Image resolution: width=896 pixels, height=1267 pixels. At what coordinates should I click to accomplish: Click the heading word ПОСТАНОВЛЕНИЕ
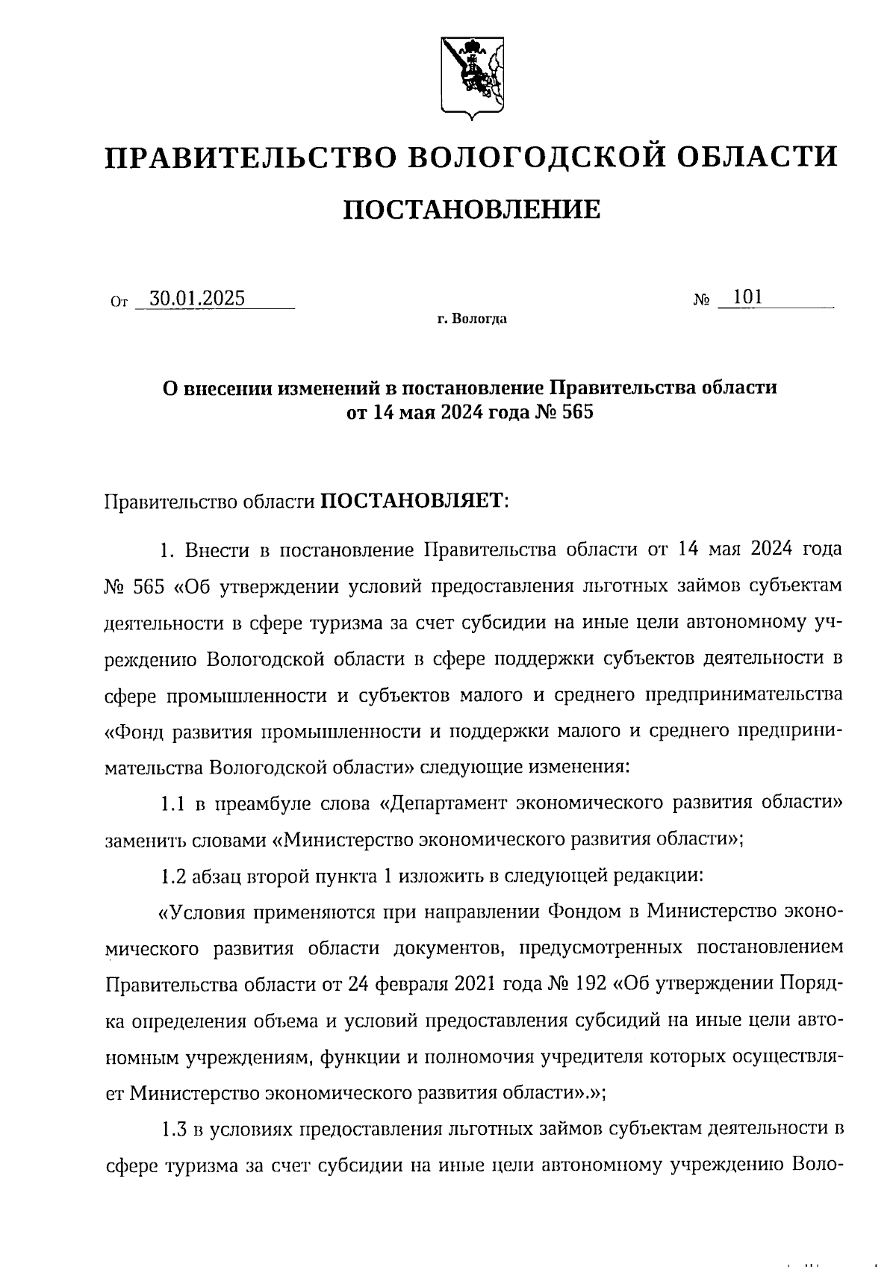point(471,210)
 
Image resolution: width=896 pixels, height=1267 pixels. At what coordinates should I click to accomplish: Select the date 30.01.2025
point(197,299)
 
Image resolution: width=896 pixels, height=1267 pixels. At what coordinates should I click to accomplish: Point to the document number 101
point(747,297)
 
